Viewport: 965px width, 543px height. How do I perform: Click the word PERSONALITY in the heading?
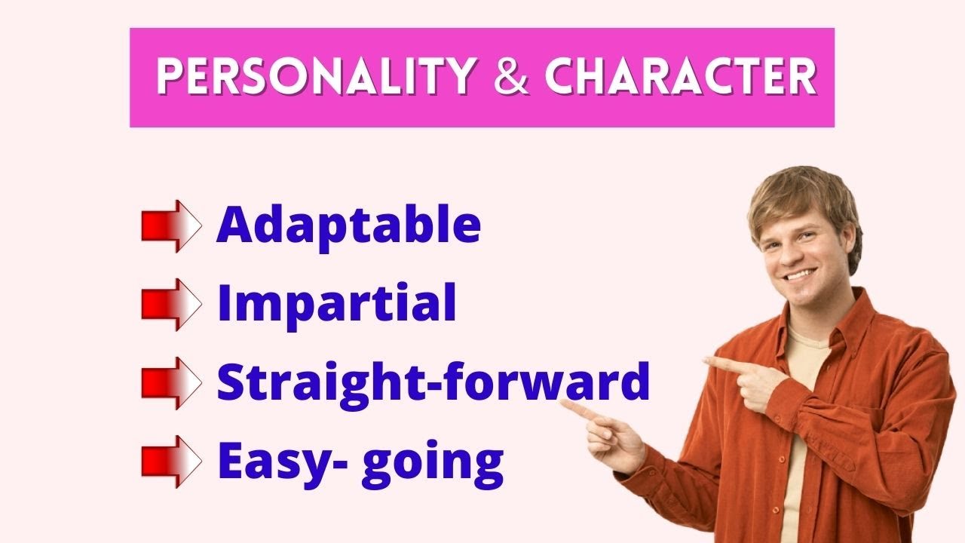pos(315,76)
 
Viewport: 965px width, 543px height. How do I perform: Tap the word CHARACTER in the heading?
pos(681,76)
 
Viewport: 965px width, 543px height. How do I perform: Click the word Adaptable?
pos(348,225)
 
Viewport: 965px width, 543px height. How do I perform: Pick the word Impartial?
pos(336,303)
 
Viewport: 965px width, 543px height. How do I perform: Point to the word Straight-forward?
pos(433,382)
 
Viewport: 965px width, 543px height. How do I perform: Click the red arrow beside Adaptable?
pos(171,225)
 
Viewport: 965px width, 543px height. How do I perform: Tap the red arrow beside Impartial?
pos(171,304)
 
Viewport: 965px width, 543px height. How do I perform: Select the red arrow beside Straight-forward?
pos(171,382)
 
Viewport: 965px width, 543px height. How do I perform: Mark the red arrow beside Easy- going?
pos(171,461)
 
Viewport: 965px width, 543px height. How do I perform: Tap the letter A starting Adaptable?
pos(232,225)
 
